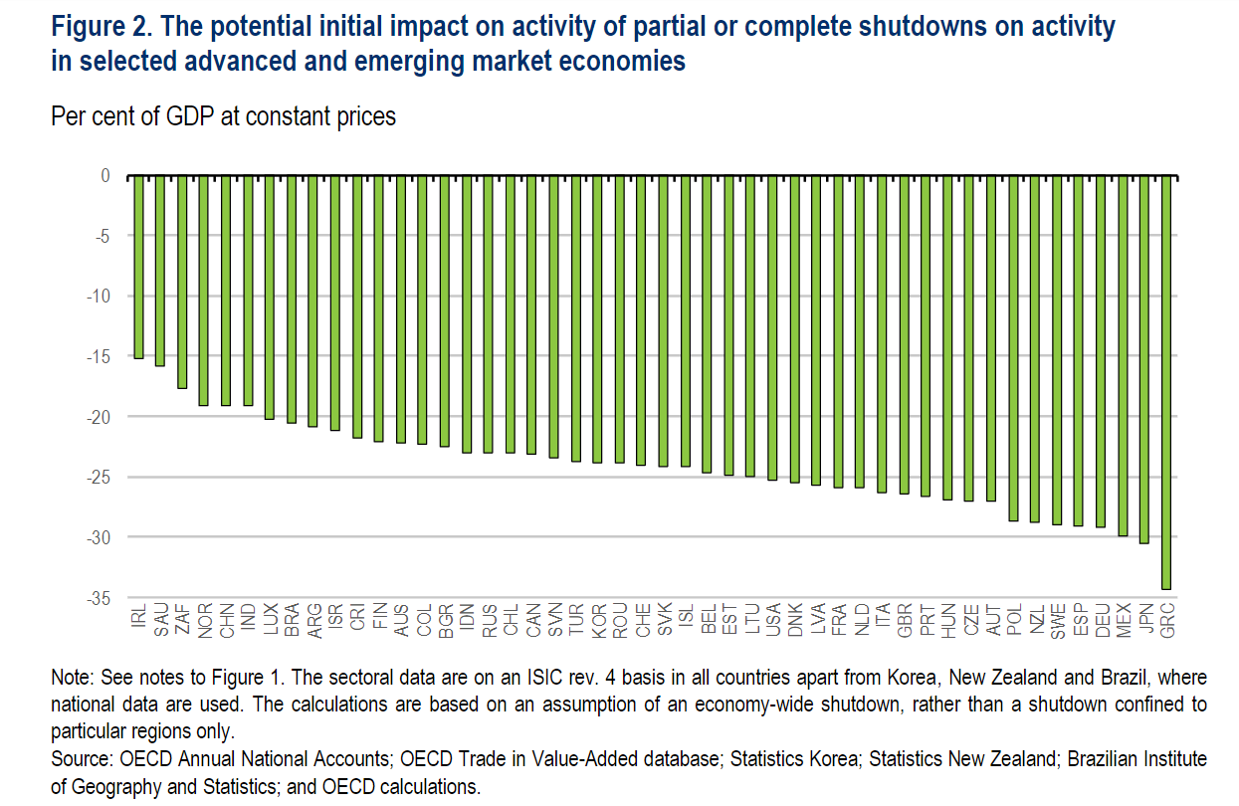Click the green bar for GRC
[1166, 383]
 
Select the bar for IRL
[138, 267]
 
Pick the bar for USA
[772, 328]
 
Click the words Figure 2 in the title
[99, 26]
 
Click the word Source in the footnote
[81, 759]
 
